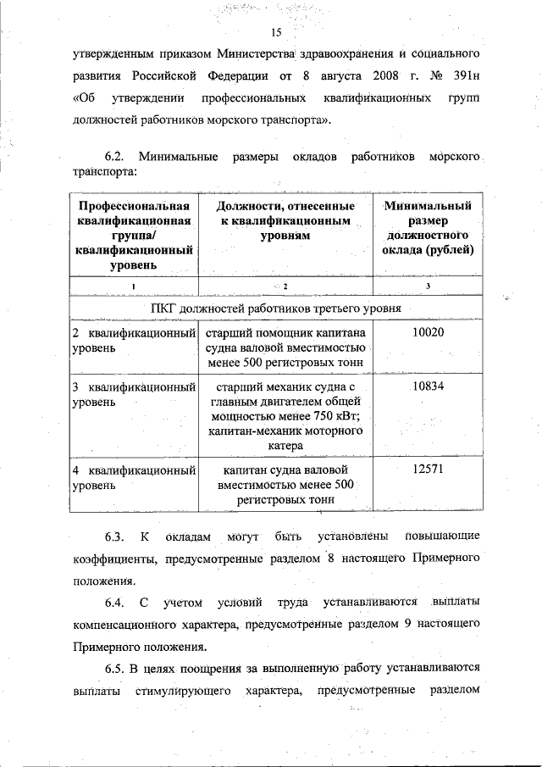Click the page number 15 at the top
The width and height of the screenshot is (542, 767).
(275, 33)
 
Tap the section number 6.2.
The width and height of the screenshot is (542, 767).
(114, 158)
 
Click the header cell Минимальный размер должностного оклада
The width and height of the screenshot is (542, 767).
(428, 228)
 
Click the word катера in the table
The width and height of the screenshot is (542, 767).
(285, 446)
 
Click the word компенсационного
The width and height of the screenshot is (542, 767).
(126, 625)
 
